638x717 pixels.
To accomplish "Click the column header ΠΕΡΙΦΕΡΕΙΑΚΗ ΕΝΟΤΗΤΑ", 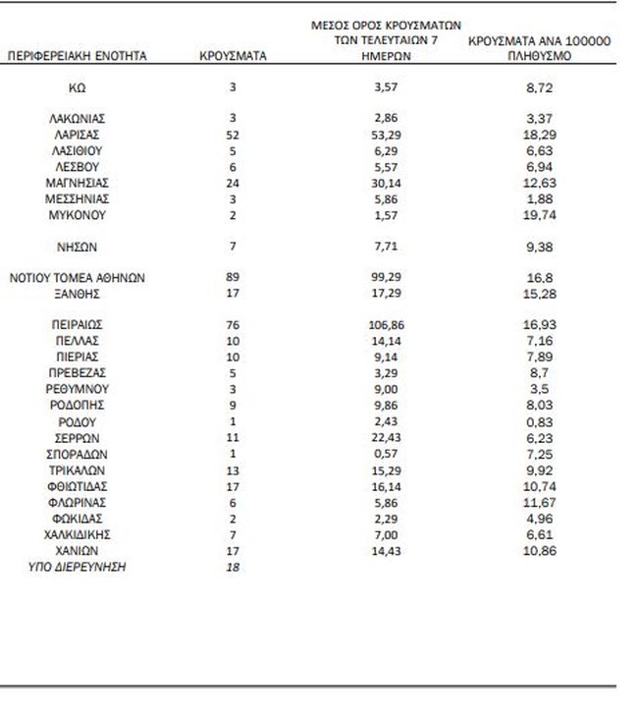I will [78, 56].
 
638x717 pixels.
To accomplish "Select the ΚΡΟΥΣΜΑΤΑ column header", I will [233, 56].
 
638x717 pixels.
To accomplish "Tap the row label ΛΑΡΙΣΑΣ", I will [78, 135].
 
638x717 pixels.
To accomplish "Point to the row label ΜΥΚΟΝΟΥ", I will [78, 214].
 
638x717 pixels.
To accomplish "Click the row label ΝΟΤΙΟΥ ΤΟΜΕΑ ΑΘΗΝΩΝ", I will [78, 278].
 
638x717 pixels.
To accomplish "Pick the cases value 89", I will [233, 278].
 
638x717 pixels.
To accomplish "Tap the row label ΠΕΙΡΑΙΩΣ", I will [78, 322].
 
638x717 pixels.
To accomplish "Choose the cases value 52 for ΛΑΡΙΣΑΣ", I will [233, 135].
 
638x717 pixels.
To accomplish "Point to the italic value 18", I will [233, 567].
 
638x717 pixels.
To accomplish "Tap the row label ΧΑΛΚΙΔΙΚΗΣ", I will [78, 534].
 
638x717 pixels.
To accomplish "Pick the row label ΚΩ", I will [78, 87].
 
